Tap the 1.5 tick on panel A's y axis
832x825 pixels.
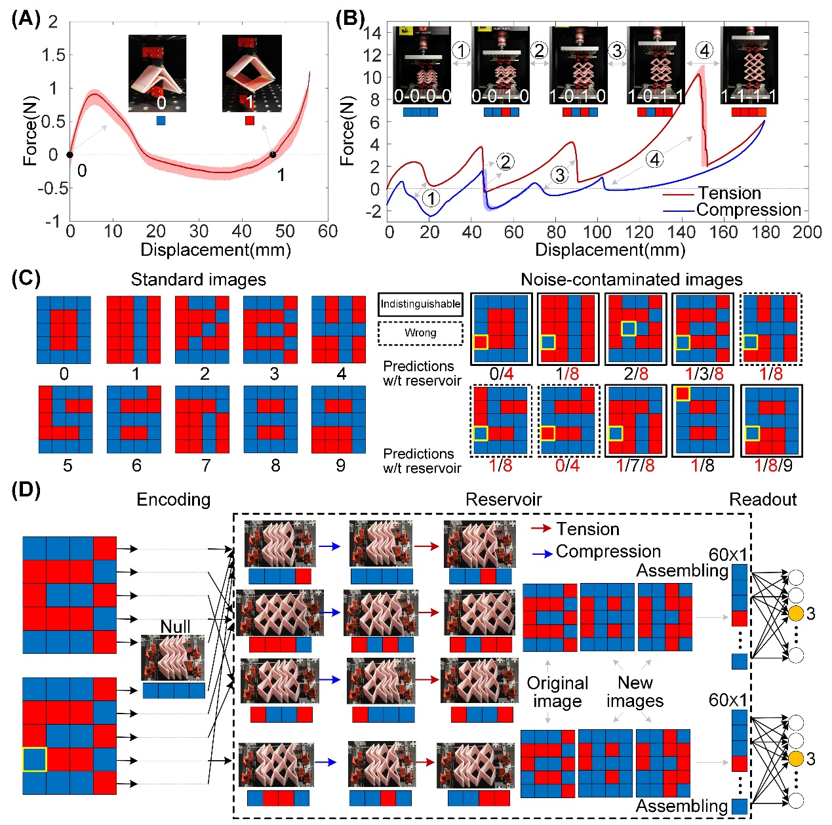53,55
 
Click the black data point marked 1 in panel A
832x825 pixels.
273,155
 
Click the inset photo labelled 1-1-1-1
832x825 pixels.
749,66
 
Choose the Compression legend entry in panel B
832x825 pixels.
748,210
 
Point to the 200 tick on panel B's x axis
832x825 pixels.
806,232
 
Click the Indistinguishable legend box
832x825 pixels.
420,304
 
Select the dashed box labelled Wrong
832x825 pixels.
420,333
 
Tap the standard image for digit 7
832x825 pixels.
202,420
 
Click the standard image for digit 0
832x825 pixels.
64,330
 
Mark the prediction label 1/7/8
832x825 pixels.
635,466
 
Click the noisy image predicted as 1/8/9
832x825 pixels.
771,420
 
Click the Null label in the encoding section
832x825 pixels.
175,627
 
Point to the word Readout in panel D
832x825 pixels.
763,500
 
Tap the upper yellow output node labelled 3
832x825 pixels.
795,614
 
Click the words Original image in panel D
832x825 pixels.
557,693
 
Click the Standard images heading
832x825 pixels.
198,280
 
